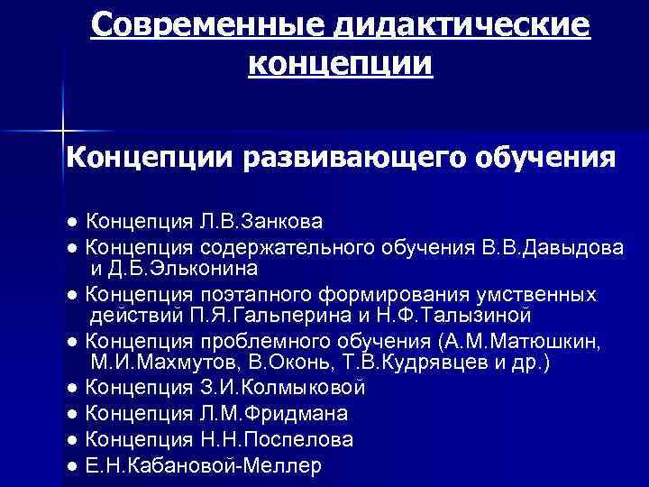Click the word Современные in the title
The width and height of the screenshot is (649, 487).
pos(210,27)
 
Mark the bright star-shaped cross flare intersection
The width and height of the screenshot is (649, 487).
pos(64,131)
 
